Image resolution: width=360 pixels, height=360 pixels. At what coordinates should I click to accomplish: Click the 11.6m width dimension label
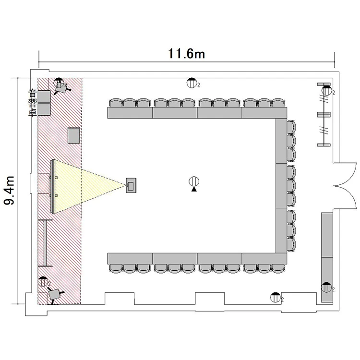(x=186, y=53)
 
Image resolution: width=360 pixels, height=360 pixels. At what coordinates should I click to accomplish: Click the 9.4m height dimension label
(x=9, y=191)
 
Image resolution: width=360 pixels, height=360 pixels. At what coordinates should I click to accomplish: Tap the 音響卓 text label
(x=32, y=103)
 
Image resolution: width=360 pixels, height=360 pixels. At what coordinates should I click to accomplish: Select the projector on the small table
(x=131, y=185)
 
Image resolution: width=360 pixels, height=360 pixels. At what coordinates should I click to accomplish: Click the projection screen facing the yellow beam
(x=53, y=186)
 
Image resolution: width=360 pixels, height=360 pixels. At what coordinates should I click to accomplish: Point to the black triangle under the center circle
(x=194, y=189)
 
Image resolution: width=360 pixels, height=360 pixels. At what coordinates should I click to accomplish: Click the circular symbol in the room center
(x=194, y=181)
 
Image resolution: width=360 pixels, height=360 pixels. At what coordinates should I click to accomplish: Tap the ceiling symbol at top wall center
(x=192, y=83)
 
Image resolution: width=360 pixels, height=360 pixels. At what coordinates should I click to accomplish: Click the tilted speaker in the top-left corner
(x=61, y=87)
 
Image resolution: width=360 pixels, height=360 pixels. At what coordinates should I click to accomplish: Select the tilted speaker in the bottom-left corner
(x=54, y=294)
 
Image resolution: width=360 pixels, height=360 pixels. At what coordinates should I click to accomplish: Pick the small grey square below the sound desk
(x=74, y=135)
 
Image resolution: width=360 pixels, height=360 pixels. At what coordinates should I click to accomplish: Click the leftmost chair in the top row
(x=117, y=103)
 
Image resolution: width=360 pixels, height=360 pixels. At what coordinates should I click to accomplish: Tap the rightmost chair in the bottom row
(x=278, y=268)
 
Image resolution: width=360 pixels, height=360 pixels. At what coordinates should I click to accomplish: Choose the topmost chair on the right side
(x=291, y=127)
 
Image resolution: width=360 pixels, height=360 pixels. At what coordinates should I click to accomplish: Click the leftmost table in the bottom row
(x=130, y=259)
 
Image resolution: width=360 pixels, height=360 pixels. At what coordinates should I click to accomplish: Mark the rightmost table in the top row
(x=264, y=113)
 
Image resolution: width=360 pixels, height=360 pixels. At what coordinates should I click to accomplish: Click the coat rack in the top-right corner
(x=324, y=115)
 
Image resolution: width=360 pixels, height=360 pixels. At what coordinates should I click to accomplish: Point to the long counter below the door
(x=327, y=257)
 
